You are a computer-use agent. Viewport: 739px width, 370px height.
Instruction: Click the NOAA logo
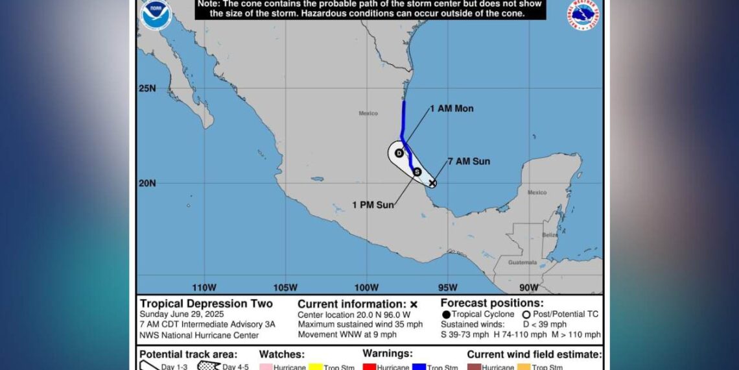tap(156, 15)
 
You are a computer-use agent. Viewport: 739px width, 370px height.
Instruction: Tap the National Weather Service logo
tap(583, 14)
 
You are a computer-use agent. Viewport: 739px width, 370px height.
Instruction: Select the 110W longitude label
tap(204, 288)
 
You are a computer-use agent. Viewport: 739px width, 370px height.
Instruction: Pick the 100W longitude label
tap(366, 288)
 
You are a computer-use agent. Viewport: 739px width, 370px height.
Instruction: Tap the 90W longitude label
tap(529, 288)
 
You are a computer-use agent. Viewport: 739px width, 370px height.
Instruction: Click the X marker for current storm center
tap(432, 183)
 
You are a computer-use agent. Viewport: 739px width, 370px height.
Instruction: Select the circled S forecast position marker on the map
tap(417, 172)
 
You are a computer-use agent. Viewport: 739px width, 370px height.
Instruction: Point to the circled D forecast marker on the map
tap(399, 153)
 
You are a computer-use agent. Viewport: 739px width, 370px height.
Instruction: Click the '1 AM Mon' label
tap(452, 108)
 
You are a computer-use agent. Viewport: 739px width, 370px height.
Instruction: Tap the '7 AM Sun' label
tap(469, 162)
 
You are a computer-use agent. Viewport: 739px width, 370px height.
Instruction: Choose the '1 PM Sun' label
tap(373, 205)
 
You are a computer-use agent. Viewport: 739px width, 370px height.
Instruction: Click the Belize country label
tap(550, 235)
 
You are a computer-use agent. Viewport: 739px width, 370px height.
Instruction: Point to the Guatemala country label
tap(522, 262)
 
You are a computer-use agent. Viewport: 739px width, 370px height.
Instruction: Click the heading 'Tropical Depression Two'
tap(206, 304)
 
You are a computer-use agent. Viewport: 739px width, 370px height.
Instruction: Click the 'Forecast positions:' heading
tap(492, 303)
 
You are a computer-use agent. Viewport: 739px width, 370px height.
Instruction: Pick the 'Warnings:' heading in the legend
tap(387, 354)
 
